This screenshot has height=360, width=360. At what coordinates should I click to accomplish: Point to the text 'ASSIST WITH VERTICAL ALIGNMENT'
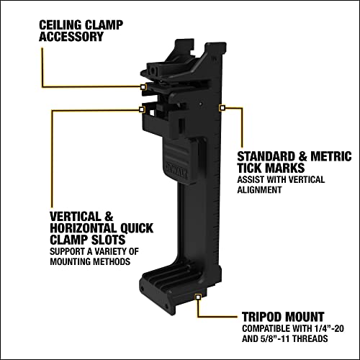point(282,185)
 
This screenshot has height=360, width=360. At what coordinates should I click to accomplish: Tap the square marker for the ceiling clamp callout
point(145,86)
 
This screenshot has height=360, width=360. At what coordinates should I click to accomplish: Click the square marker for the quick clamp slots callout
point(143,110)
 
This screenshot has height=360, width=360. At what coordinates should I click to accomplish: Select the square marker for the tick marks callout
point(222,107)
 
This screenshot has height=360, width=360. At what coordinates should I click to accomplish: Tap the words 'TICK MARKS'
point(270,168)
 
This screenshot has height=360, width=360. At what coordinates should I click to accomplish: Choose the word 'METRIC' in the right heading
point(330,156)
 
